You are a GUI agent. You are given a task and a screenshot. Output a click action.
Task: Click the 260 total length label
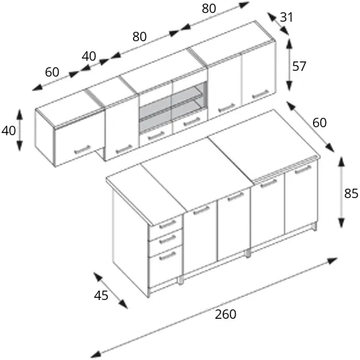click(226, 314)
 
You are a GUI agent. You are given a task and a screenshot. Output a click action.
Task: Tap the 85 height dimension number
click(351, 194)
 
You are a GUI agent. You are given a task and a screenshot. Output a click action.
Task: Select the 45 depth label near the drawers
click(101, 296)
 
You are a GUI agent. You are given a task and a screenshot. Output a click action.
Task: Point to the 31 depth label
click(286, 17)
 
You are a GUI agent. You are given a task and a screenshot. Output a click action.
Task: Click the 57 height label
click(299, 67)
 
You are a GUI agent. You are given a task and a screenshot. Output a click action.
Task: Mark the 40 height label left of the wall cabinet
click(9, 131)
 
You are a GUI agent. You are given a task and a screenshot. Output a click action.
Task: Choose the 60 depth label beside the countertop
click(320, 123)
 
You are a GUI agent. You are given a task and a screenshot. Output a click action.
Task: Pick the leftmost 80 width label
click(140, 37)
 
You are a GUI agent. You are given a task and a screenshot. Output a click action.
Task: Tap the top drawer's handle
click(168, 224)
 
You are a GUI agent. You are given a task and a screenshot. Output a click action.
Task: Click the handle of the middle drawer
click(168, 239)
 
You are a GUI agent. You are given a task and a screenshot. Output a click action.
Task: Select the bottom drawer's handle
click(168, 256)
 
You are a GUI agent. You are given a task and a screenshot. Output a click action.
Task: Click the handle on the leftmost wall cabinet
click(82, 150)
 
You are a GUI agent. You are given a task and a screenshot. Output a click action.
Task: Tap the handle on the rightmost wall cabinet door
click(260, 94)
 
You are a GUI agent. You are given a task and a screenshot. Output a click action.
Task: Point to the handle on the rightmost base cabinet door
click(303, 169)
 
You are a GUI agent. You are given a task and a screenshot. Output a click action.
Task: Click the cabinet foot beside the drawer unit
click(181, 280)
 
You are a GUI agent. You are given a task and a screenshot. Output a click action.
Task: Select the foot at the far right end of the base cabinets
click(314, 226)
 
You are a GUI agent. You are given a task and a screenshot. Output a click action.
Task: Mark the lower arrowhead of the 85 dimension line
click(341, 222)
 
